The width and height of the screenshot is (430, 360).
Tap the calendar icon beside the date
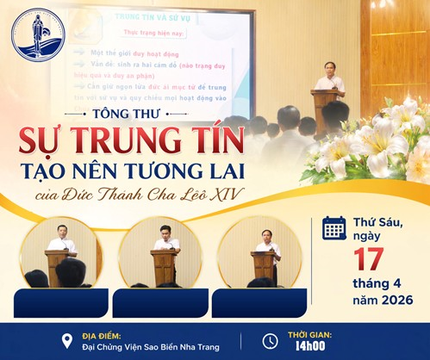pyautogui.click(x=333, y=227)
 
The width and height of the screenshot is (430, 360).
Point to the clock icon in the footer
pyautogui.click(x=269, y=340)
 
